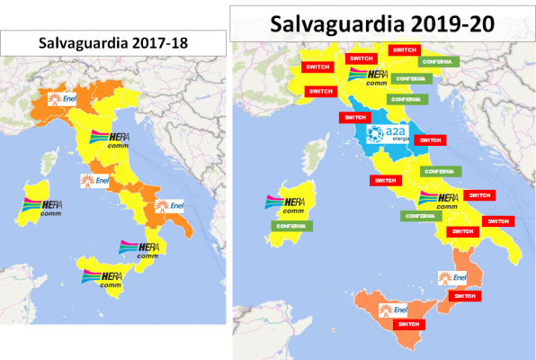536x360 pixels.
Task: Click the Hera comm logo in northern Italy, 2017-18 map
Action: (110, 141)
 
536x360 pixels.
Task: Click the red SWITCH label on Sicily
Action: (406, 324)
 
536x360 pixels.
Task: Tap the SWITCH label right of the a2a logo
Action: (432, 140)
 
